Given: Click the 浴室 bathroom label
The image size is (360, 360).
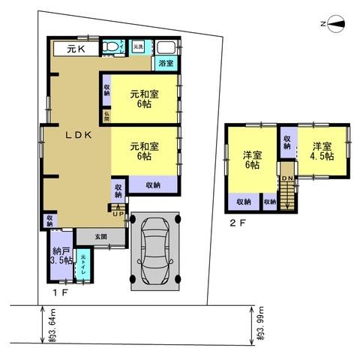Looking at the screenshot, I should [x=166, y=64].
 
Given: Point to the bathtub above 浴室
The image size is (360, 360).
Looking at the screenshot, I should [x=166, y=47].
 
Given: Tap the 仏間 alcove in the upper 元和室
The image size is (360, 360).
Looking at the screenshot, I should [x=106, y=116].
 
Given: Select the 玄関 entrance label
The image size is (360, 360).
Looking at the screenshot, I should [x=100, y=236].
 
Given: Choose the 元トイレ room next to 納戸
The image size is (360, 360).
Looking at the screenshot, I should [x=83, y=266].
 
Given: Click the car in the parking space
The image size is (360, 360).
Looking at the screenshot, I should [x=156, y=250].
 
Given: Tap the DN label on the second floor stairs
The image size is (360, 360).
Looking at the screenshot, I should [x=286, y=178].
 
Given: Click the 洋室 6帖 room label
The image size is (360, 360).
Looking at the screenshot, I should [x=250, y=160].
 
